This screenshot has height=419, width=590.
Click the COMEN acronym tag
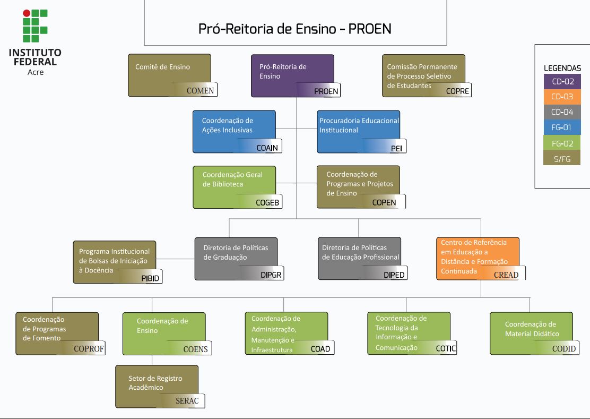200,90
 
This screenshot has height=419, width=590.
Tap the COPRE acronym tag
457,91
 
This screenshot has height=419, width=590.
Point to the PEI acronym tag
396,148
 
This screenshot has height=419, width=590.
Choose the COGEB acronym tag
267,202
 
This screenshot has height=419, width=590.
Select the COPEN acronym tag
384,202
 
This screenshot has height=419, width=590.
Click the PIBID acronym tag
150,278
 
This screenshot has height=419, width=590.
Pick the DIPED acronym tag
394,275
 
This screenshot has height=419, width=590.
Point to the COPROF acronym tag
89,349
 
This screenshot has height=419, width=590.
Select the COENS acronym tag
195,349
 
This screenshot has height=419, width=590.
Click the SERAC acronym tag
187,401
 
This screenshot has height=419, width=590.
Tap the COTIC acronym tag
446,348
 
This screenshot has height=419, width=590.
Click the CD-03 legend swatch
562,97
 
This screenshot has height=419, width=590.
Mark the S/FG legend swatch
562,158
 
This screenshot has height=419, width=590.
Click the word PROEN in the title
369,29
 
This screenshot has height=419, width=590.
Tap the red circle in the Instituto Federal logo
27,13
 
